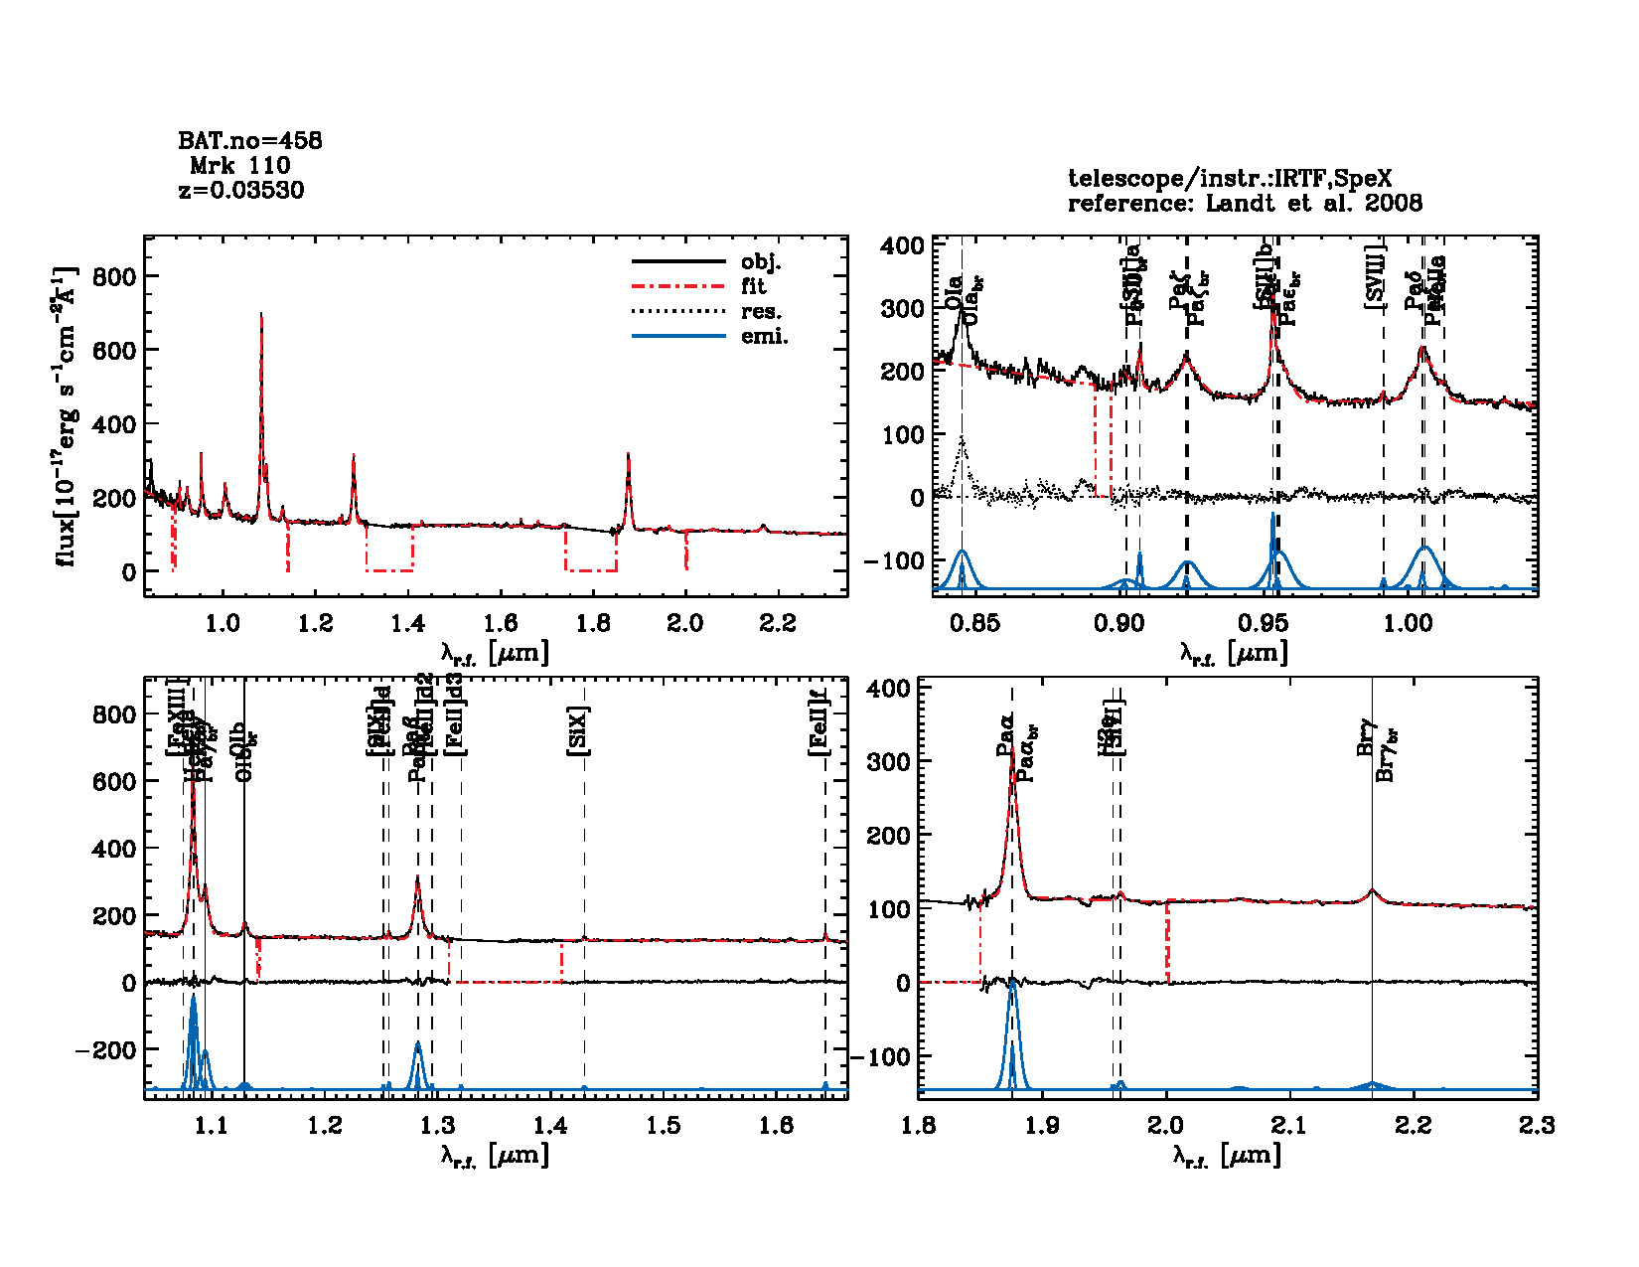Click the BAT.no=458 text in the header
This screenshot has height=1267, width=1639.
[249, 141]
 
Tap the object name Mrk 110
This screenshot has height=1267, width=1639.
[240, 166]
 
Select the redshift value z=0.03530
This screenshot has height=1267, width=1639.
[241, 190]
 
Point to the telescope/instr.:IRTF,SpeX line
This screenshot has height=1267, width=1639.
[1230, 179]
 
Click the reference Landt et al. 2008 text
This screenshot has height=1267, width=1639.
[1245, 204]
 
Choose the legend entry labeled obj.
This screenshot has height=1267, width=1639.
[761, 262]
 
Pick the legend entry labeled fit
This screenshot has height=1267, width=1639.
[754, 286]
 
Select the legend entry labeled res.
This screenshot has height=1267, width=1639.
[761, 312]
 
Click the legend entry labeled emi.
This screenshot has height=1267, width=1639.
[764, 337]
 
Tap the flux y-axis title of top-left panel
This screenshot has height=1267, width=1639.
[66, 416]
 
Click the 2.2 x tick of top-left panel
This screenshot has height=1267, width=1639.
[778, 623]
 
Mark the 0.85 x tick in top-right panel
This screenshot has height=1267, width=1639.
[974, 623]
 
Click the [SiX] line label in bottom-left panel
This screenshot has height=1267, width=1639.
[578, 731]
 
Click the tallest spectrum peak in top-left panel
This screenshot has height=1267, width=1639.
[261, 314]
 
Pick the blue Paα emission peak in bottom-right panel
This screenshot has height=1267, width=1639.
[1012, 980]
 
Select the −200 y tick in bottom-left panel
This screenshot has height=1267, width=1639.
[105, 1050]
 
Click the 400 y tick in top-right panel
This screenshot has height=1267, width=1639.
[902, 245]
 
